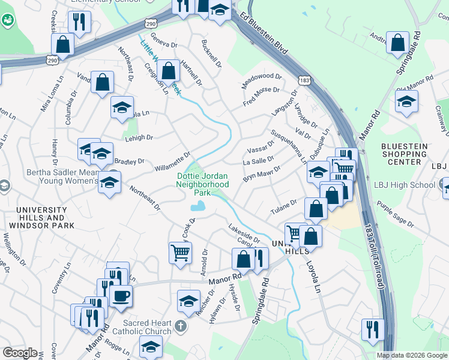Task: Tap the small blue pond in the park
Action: pyautogui.click(x=196, y=208)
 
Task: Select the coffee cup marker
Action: pyautogui.click(x=121, y=295)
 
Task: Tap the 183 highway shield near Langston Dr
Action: pyautogui.click(x=304, y=80)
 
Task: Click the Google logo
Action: pyautogui.click(x=20, y=353)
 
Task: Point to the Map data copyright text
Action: pyautogui.click(x=412, y=355)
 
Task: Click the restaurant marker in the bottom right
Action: pyautogui.click(x=372, y=329)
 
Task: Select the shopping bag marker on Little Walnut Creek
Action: pyautogui.click(x=170, y=70)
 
